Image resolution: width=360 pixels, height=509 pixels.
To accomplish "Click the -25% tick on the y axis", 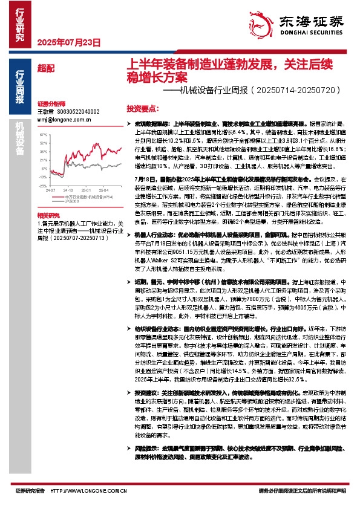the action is [43, 186].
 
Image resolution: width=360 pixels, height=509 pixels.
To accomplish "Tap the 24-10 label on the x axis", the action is [68, 189].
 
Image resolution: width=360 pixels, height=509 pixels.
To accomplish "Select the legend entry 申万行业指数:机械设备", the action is [80, 196].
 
